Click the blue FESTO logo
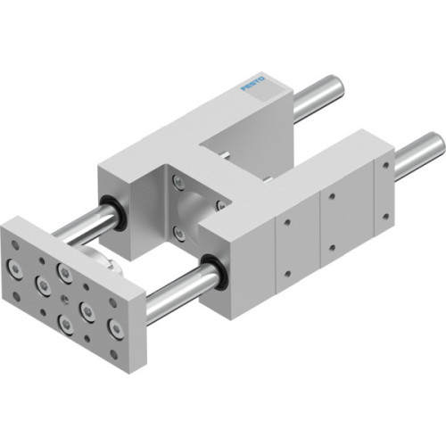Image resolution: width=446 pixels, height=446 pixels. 254,87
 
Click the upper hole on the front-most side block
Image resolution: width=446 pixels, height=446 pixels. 288,216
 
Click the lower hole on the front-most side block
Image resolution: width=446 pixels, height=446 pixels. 288,273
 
